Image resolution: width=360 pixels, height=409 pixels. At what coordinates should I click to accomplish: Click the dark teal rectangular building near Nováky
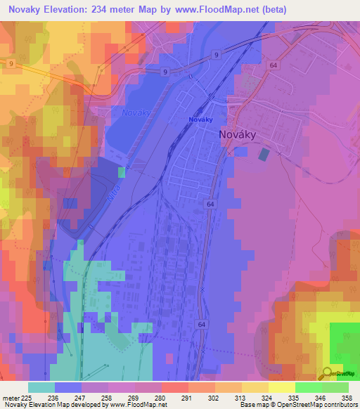(x=264, y=154)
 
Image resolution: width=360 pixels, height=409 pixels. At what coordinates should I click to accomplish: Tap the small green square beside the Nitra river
(x=122, y=171)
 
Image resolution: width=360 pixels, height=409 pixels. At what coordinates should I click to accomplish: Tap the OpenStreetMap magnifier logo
(x=328, y=372)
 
